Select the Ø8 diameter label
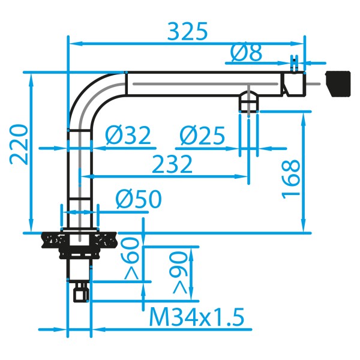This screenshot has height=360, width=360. pos(246,54)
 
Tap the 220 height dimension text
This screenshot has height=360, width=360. pos(18,144)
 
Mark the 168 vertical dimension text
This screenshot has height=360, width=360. pos(290,179)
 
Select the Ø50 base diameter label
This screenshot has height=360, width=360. pos(138,199)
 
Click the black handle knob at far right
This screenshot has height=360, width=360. pos(337,83)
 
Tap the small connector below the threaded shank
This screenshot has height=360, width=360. pos(79,293)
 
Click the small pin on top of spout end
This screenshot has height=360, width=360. pos(293,63)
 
